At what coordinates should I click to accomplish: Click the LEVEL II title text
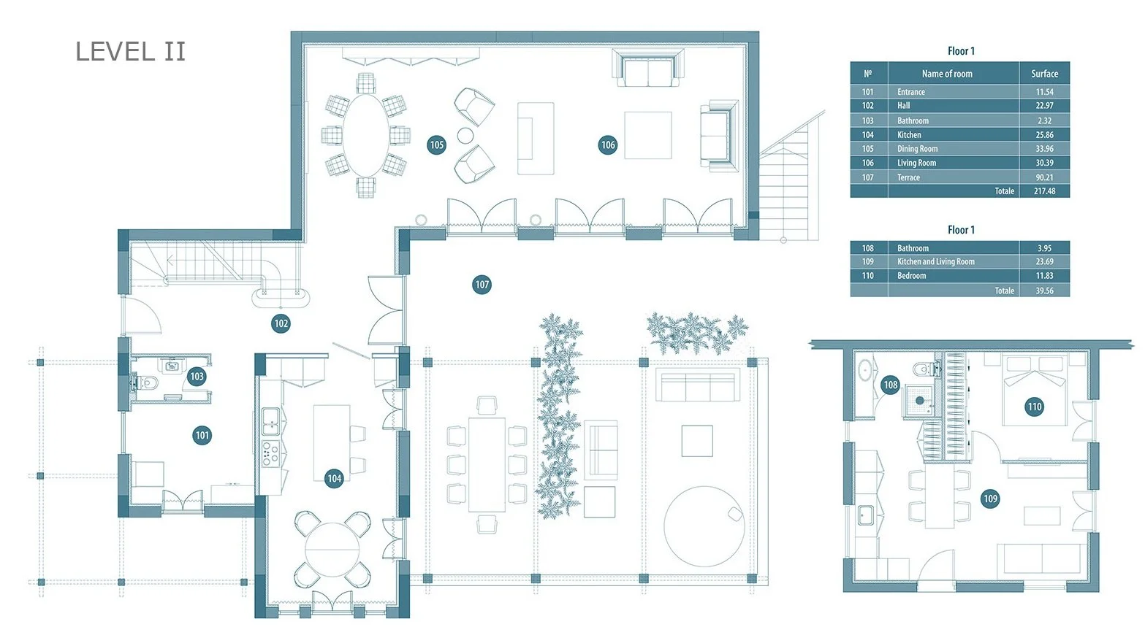click(x=130, y=52)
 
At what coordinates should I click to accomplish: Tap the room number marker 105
click(x=436, y=145)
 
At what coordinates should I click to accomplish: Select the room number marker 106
click(x=608, y=145)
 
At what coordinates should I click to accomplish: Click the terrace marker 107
click(x=482, y=285)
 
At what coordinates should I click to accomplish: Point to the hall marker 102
click(x=281, y=323)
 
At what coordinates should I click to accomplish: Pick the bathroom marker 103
click(x=197, y=377)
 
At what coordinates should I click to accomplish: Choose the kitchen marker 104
click(x=335, y=478)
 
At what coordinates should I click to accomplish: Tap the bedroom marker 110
click(x=1035, y=407)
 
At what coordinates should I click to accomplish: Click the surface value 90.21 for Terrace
click(x=1044, y=177)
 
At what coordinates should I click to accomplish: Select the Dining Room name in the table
click(x=918, y=149)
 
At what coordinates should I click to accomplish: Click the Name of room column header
click(x=947, y=74)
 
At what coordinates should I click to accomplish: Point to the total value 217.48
click(x=1044, y=191)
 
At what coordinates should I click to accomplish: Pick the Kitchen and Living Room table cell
click(x=936, y=261)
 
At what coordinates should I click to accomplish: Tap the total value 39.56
click(x=1044, y=291)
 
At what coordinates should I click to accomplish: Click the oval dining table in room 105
click(x=365, y=135)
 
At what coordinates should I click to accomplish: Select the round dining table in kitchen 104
click(x=332, y=550)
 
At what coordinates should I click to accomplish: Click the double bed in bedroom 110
click(x=1035, y=391)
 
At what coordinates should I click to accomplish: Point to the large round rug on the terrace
click(x=704, y=526)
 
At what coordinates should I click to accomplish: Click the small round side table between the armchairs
click(x=465, y=136)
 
